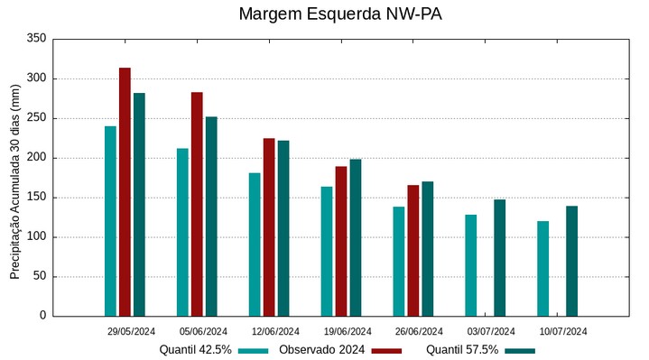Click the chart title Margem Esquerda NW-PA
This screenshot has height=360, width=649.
pos(340,14)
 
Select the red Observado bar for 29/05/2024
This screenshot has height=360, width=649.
pos(125,191)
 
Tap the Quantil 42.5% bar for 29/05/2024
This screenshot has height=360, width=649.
pos(110,221)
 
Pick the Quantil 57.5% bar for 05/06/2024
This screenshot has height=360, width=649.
pos(211,217)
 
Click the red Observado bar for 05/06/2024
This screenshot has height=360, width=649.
pos(197,204)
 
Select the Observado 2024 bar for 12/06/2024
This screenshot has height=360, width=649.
pos(269,227)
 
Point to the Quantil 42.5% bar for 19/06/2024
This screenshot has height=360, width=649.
pos(327,251)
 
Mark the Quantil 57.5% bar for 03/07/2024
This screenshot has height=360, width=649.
pos(499,258)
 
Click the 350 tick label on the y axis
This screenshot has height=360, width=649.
pos(37,39)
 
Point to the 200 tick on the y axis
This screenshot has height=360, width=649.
pos(37,158)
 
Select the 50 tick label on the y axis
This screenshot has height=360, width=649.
pos(40,277)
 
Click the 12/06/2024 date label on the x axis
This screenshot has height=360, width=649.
pos(275,331)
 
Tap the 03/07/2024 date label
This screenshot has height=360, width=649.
pos(492,331)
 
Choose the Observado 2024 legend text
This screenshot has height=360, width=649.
pos(321,350)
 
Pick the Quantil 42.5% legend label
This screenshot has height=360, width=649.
pos(196,350)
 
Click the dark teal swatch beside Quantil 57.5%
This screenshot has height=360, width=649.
pos(519,350)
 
